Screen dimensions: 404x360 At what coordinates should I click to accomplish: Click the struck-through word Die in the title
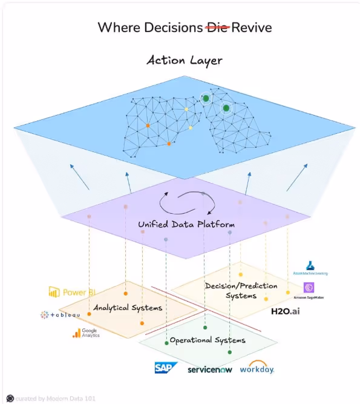(217, 27)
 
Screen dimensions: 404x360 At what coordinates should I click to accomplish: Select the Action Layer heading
(184, 61)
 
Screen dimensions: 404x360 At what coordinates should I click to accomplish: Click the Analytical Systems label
(128, 308)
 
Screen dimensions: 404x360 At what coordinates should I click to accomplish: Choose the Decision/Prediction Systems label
(241, 291)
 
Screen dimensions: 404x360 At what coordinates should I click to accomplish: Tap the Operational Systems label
(207, 340)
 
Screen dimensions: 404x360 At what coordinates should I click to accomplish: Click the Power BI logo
(72, 293)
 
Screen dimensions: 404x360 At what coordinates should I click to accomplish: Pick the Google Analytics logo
(85, 333)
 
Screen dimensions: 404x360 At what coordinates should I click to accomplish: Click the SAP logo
(165, 368)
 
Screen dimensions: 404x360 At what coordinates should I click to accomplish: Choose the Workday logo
(257, 368)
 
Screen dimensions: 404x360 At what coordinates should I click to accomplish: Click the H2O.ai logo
(286, 311)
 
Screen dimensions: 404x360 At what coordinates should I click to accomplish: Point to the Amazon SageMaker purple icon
(309, 287)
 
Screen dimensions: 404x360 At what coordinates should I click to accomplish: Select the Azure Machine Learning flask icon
(311, 266)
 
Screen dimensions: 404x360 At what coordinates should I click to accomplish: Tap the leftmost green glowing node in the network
(206, 98)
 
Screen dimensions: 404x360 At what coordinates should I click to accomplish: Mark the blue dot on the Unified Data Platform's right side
(230, 233)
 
